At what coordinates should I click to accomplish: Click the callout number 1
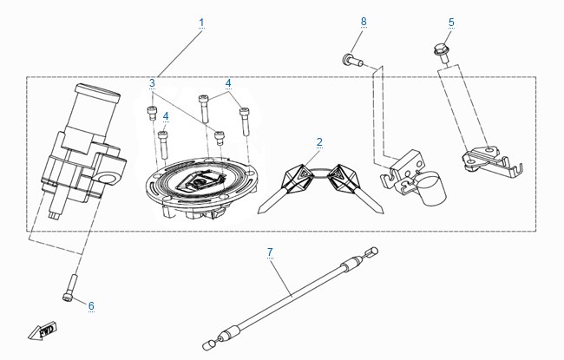[x=201, y=23]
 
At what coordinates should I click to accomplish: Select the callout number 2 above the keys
[x=319, y=142]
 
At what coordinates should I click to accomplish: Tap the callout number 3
[x=152, y=83]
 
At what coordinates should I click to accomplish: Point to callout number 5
[x=451, y=23]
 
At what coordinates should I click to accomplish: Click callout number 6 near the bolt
[x=91, y=306]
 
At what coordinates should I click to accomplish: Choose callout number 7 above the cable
[x=270, y=252]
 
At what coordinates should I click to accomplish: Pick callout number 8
[x=364, y=22]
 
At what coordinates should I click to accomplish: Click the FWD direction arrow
[x=43, y=331]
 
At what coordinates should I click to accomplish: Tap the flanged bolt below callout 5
[x=442, y=53]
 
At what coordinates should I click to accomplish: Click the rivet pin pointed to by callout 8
[x=352, y=60]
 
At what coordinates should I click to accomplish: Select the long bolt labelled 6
[x=69, y=287]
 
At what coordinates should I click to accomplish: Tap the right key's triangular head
[x=341, y=176]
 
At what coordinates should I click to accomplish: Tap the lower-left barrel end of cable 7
[x=208, y=345]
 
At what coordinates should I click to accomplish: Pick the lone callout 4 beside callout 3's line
[x=166, y=116]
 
